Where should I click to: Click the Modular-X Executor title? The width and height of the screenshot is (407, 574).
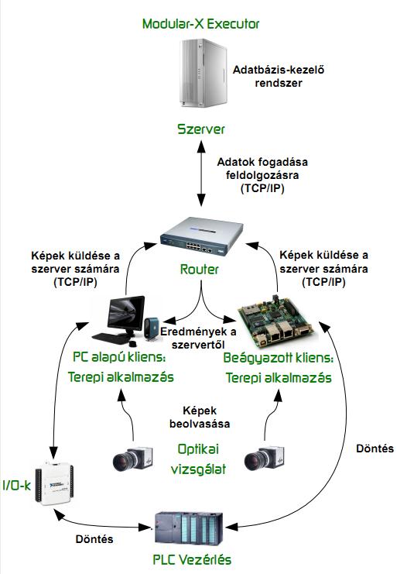[200, 24]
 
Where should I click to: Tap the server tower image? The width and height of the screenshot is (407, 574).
[203, 74]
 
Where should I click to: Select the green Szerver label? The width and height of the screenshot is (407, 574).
[200, 129]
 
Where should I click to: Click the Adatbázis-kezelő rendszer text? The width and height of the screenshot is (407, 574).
[279, 76]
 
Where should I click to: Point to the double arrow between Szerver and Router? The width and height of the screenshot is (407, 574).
[201, 174]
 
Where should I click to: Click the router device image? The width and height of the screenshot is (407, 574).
[202, 237]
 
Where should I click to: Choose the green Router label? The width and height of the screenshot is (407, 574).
[200, 270]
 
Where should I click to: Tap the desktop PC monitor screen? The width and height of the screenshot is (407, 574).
[126, 313]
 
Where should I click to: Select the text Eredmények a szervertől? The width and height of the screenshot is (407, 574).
[198, 338]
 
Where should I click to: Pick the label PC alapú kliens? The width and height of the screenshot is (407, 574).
[120, 357]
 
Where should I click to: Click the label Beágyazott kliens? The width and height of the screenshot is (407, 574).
[279, 358]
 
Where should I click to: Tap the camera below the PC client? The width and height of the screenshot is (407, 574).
[132, 459]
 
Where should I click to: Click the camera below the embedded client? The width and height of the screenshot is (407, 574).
[265, 459]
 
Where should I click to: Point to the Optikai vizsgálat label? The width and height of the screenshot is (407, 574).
[198, 459]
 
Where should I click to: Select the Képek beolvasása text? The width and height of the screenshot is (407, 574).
[200, 418]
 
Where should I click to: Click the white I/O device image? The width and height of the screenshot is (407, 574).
[54, 483]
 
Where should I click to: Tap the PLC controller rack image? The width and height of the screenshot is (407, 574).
[189, 528]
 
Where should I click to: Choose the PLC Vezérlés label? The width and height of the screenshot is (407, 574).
[192, 560]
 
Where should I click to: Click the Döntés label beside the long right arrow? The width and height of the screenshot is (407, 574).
[375, 449]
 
